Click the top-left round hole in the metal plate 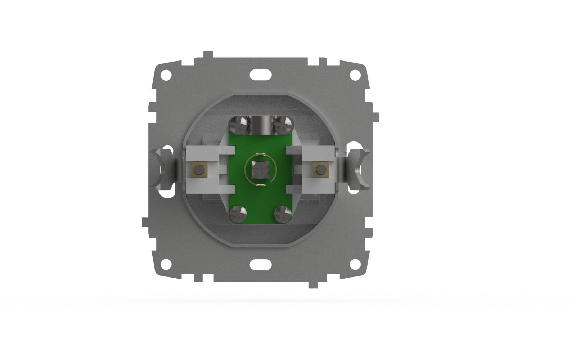point(166,75)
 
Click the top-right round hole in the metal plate point(355,75)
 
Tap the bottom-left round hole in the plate point(166,264)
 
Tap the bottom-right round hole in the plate point(355,264)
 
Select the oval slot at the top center point(261,75)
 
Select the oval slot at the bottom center point(261,264)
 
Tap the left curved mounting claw point(163,168)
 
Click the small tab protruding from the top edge point(208,55)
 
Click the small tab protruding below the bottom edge point(313,284)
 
